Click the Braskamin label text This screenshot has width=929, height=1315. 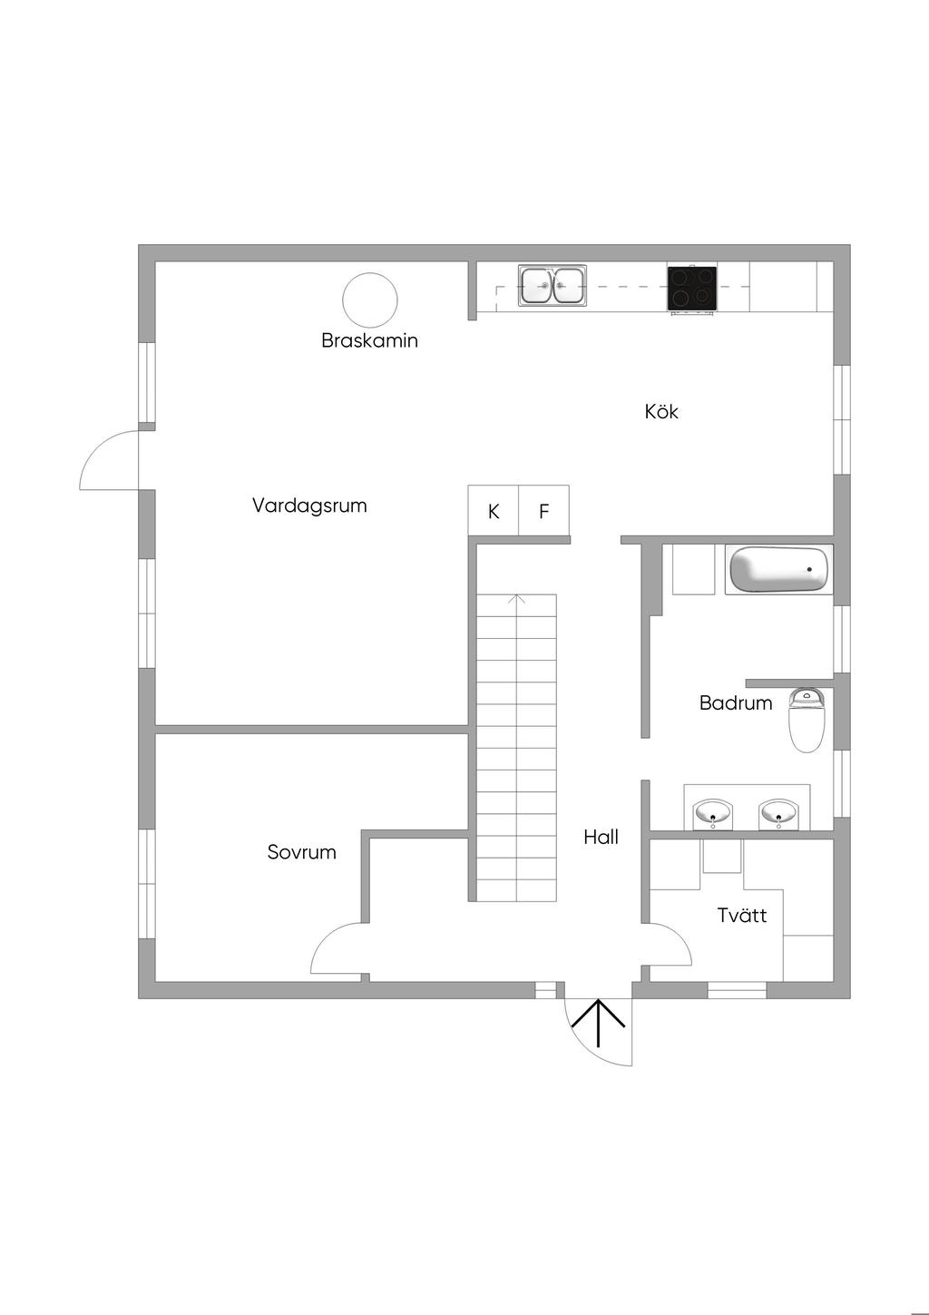pyautogui.click(x=369, y=341)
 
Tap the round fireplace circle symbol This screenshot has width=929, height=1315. pyautogui.click(x=369, y=300)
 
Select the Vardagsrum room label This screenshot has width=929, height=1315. pyautogui.click(x=309, y=505)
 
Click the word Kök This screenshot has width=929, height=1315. pyautogui.click(x=661, y=412)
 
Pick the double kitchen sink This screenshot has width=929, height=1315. pyautogui.click(x=553, y=286)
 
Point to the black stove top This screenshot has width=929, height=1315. pyautogui.click(x=692, y=288)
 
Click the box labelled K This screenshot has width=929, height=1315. pyautogui.click(x=494, y=511)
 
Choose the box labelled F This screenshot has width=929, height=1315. pyautogui.click(x=544, y=511)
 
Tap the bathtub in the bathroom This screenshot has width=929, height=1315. pyautogui.click(x=779, y=570)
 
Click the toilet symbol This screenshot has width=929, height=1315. pyautogui.click(x=806, y=721)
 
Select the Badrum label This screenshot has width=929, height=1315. pyautogui.click(x=736, y=703)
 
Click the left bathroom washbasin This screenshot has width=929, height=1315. pyautogui.click(x=712, y=813)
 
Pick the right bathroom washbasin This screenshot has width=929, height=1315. pyautogui.click(x=778, y=813)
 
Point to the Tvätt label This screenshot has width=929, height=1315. pyautogui.click(x=742, y=916)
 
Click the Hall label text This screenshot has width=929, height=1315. pyautogui.click(x=601, y=838)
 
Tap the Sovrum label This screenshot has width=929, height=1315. pyautogui.click(x=301, y=853)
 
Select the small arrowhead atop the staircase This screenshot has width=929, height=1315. pyautogui.click(x=517, y=599)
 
